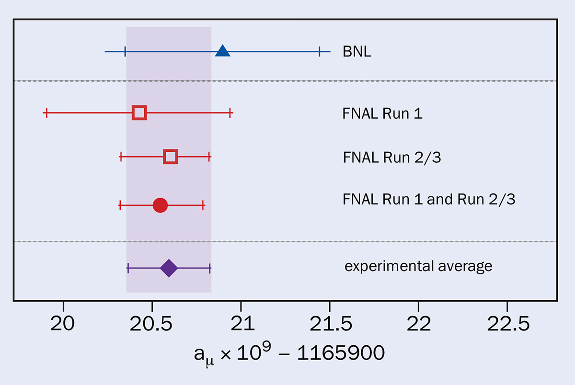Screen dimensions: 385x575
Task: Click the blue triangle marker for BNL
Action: [x=222, y=50]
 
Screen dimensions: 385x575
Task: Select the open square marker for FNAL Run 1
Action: [x=139, y=113]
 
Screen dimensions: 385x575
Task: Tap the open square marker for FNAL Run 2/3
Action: [x=171, y=157]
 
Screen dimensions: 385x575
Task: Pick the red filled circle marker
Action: [x=160, y=205]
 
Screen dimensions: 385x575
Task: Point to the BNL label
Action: [x=357, y=51]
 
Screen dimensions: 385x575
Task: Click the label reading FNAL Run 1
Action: [x=382, y=114]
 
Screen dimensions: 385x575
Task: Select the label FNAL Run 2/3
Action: [x=391, y=157]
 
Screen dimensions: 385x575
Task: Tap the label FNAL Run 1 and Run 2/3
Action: [x=429, y=199]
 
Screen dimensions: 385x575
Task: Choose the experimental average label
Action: [x=418, y=266]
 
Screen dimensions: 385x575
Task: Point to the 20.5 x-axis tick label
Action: [x=152, y=324]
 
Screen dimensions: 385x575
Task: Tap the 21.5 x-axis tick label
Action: [x=330, y=324]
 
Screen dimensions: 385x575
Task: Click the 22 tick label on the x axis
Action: [x=418, y=324]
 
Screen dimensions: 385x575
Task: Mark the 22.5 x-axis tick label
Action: [x=508, y=324]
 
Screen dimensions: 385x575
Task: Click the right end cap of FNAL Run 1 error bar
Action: [x=230, y=113]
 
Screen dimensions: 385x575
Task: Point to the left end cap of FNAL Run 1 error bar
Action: [x=46, y=113]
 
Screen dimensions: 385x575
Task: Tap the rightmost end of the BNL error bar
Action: [x=330, y=51]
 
